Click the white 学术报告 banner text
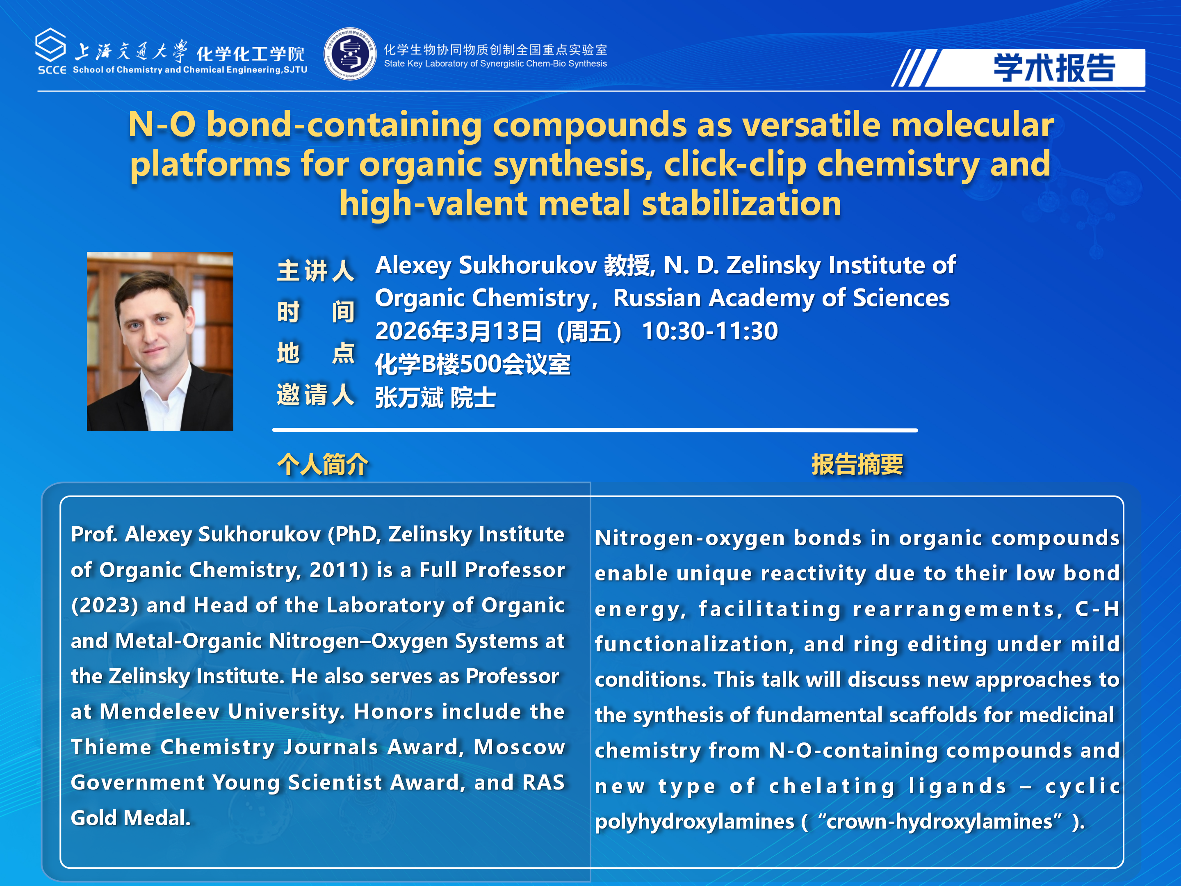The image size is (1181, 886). [1054, 68]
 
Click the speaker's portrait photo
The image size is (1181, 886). [160, 341]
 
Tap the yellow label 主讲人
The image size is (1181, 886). [315, 270]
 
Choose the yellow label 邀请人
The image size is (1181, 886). [315, 395]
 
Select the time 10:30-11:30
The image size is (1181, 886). [710, 331]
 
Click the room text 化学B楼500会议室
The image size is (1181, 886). [473, 365]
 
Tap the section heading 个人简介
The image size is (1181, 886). [322, 464]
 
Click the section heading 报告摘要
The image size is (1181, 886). [857, 464]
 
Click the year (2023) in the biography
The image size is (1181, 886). [105, 605]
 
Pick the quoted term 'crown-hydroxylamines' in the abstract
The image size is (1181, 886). [940, 821]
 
